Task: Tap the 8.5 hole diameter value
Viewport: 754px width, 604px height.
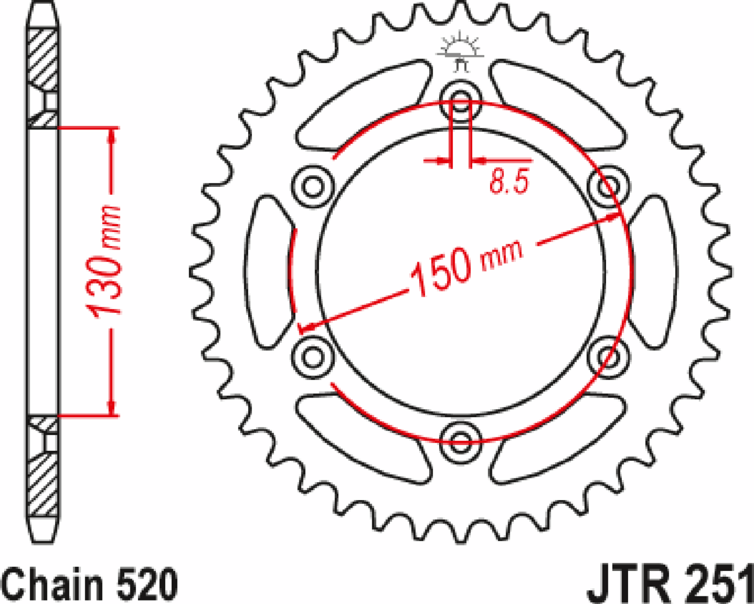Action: click(x=509, y=182)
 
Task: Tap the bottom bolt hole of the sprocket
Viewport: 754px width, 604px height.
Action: click(x=461, y=441)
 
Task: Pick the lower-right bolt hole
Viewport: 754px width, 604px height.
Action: click(x=608, y=356)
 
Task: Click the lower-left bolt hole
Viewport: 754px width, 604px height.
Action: click(x=313, y=356)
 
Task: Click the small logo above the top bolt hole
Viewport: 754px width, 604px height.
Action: click(x=461, y=52)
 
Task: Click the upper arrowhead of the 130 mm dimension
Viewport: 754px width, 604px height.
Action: click(x=112, y=135)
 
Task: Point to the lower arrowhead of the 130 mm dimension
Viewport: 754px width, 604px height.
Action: click(x=112, y=408)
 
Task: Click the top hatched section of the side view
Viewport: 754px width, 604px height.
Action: click(x=43, y=58)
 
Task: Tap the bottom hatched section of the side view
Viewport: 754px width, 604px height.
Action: click(x=43, y=484)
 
